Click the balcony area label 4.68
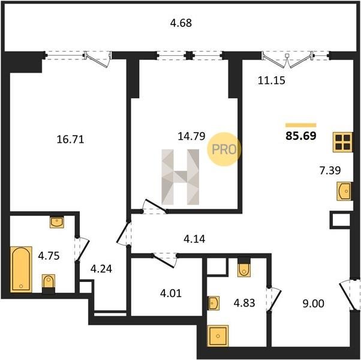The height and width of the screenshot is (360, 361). pos(180,23)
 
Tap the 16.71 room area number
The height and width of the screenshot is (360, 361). pos(70,140)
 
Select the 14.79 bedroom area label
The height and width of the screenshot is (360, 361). pos(191,136)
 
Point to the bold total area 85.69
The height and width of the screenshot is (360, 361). pos(301,136)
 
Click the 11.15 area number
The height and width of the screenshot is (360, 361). pos(272,80)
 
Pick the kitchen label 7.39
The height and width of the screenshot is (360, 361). pos(330,170)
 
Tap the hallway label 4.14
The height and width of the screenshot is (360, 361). pos(194,239)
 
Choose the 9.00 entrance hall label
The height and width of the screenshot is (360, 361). pos(314,304)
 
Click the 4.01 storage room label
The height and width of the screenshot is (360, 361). pos(171,293)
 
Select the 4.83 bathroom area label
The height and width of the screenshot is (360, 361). pos(244,303)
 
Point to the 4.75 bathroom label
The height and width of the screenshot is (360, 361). pos(49,256)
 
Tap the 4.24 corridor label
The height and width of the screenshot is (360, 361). pos(101,269)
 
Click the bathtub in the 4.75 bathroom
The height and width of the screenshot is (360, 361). pos(21,269)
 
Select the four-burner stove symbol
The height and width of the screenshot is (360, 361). pos(342,142)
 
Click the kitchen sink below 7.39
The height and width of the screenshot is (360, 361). pos(344,191)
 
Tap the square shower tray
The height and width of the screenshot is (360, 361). pos(218,336)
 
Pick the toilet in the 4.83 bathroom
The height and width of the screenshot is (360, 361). pos(244,268)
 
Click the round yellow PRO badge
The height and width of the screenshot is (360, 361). pos(224,149)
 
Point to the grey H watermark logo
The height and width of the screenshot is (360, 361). pos(180,177)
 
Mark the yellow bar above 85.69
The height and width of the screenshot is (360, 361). pos(301,125)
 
